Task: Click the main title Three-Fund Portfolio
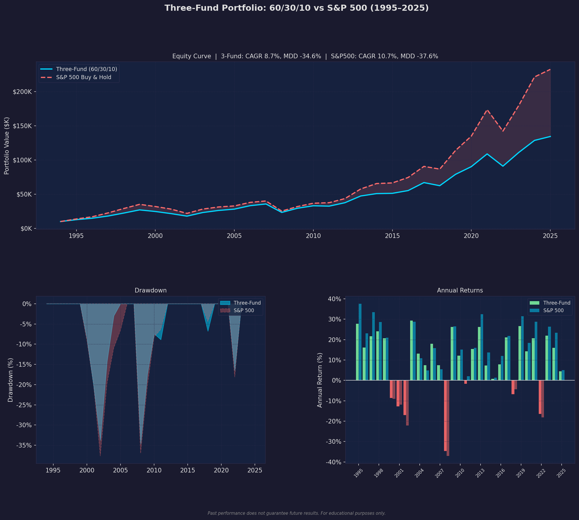click(296, 8)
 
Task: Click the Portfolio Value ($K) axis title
click(7, 146)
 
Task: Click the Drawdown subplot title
click(151, 290)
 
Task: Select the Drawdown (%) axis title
click(10, 380)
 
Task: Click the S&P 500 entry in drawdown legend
click(244, 310)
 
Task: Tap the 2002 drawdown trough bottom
click(100, 455)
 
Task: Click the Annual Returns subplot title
click(460, 290)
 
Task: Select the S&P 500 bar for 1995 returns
click(360, 342)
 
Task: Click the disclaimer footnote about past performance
click(296, 513)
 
